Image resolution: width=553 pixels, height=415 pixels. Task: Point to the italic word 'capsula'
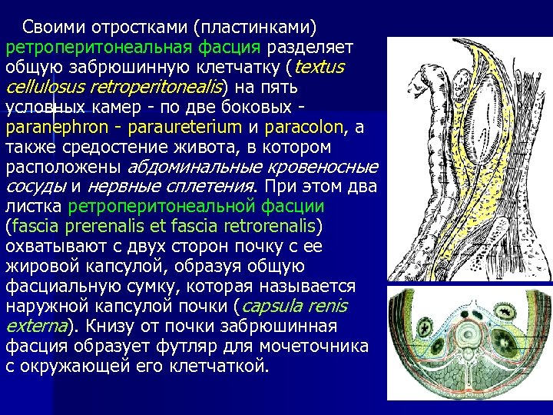point(276,306)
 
